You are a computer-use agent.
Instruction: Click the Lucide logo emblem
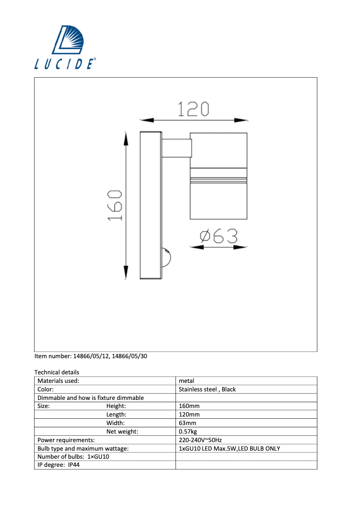click(73, 40)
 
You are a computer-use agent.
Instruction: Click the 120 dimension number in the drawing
click(193, 109)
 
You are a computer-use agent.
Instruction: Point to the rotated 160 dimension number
click(115, 205)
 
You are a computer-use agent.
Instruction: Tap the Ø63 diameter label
click(219, 236)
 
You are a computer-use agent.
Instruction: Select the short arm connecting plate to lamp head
click(176, 148)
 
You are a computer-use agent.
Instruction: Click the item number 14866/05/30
click(129, 356)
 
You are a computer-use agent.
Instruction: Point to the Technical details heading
click(57, 372)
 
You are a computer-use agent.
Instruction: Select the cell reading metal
click(186, 381)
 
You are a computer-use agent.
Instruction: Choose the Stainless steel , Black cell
click(207, 389)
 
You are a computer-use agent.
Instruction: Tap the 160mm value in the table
click(189, 406)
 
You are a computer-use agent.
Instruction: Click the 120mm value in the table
click(189, 415)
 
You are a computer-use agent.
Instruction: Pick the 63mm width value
click(188, 423)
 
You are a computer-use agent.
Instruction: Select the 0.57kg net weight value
click(188, 431)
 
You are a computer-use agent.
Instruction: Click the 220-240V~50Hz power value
click(200, 440)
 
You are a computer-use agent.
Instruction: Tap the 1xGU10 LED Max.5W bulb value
click(229, 448)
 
